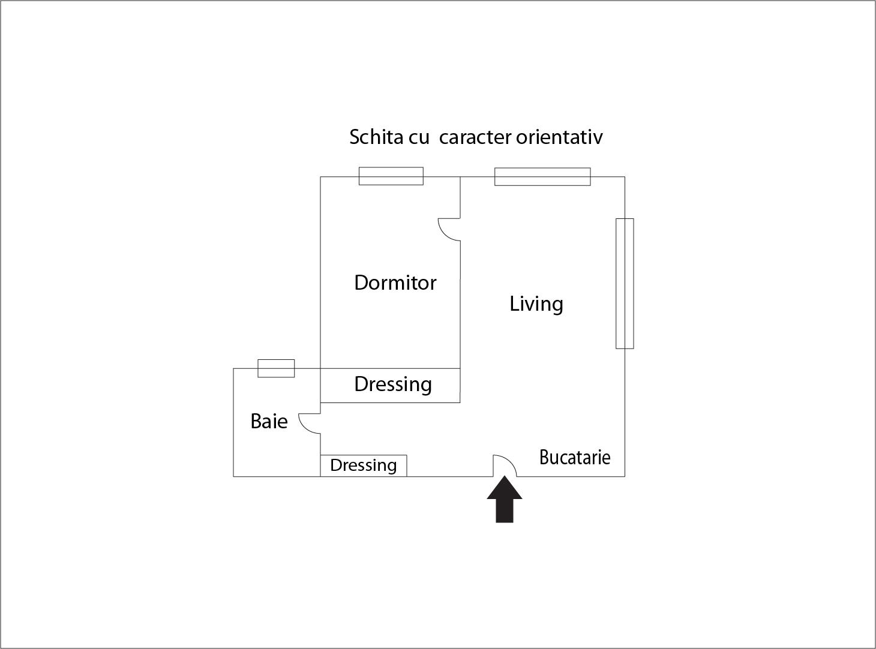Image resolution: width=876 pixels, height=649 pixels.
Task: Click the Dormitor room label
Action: (x=395, y=283)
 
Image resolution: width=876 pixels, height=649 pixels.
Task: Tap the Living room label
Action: (x=536, y=304)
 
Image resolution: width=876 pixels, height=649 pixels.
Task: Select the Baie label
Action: (x=269, y=421)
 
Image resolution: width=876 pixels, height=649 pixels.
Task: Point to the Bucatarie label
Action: (x=574, y=457)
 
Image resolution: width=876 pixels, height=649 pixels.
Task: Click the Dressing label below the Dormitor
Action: (x=393, y=384)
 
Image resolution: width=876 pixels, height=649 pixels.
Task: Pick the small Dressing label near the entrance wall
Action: (x=363, y=465)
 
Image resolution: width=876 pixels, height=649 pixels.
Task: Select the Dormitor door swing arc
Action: (x=447, y=230)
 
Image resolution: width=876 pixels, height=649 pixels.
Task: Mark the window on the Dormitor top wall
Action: (x=391, y=176)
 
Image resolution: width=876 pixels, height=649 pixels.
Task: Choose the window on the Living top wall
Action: (x=542, y=177)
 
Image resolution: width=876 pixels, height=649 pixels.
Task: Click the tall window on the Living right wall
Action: (x=625, y=283)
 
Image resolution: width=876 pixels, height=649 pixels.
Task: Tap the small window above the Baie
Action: (x=276, y=368)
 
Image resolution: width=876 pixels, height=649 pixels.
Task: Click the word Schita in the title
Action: (x=376, y=137)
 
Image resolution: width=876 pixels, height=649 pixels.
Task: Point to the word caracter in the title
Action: (x=475, y=137)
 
